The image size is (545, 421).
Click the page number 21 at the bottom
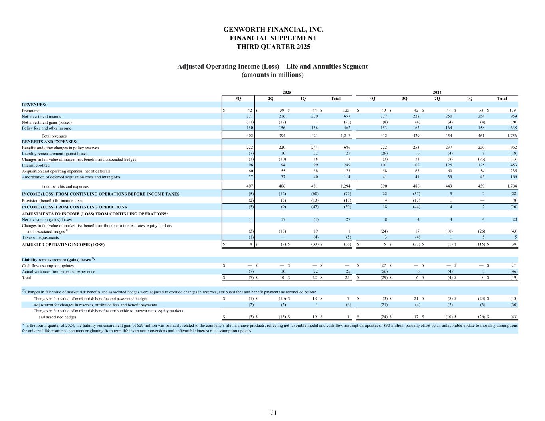point(273,413)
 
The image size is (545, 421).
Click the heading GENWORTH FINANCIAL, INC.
point(273,30)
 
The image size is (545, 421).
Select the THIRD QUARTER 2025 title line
point(273,47)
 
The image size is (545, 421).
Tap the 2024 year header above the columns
point(437,92)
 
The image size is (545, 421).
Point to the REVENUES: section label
point(34,105)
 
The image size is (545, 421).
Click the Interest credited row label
point(36,165)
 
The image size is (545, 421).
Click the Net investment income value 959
point(513,116)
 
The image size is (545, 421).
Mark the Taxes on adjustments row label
point(40,237)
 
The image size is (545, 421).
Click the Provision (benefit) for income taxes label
point(52,201)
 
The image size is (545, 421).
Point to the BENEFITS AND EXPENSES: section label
point(50,142)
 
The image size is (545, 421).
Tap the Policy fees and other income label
point(46,128)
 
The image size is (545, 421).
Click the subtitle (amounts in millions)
point(273,75)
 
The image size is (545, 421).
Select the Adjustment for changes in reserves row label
point(95,305)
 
